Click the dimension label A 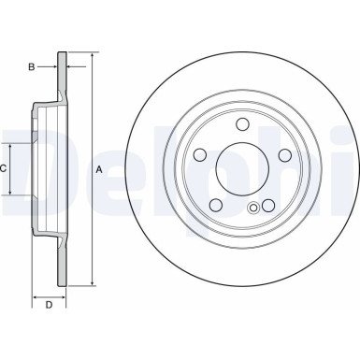tap(98, 169)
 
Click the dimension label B tap(31, 66)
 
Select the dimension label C tap(5, 169)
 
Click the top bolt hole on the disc tap(242, 125)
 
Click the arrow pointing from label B tap(54, 66)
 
